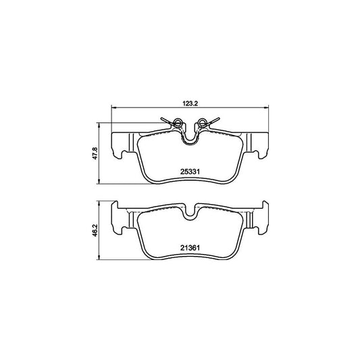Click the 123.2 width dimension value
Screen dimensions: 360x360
coord(190,103)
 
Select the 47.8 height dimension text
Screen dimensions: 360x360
coord(95,153)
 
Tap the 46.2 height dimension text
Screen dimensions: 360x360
coord(95,230)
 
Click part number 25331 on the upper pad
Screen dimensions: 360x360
coord(190,172)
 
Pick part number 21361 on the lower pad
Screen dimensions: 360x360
coord(190,248)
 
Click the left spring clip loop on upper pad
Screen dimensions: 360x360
coord(178,122)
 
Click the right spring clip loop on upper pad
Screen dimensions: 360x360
coord(201,122)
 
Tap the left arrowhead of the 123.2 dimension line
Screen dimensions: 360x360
coord(113,107)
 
